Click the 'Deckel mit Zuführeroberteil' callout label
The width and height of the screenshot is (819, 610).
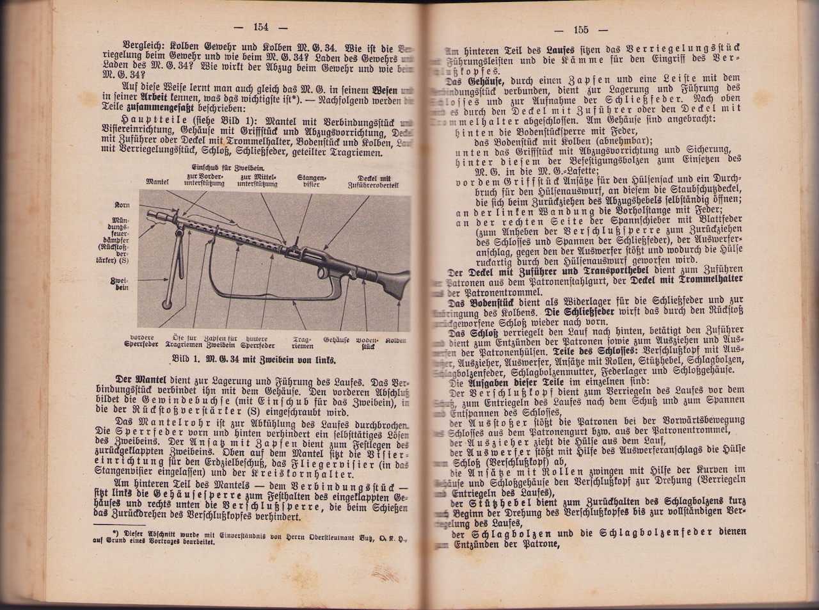click(374, 182)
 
